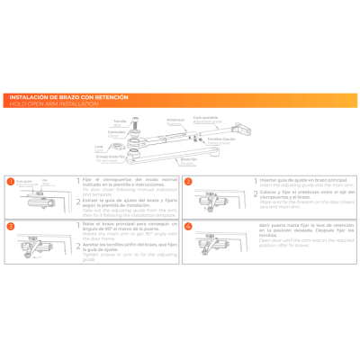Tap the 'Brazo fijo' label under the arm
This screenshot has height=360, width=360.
[x=187, y=158]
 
